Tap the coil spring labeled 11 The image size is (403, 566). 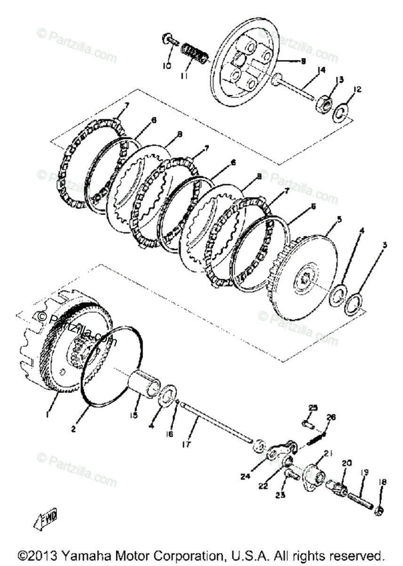[194, 52]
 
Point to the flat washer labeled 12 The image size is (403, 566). [342, 115]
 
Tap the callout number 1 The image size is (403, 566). [48, 414]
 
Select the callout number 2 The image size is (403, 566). [73, 429]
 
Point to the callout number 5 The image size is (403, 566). [338, 219]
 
